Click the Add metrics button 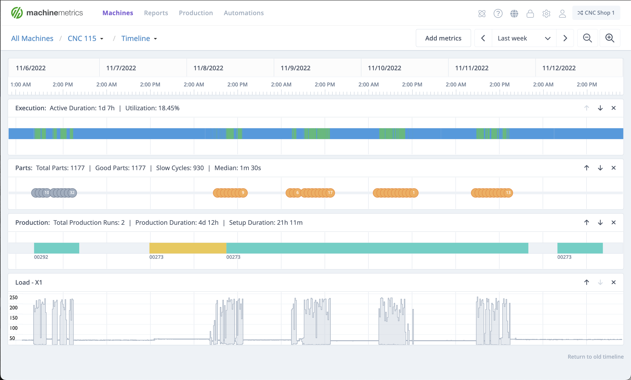point(443,38)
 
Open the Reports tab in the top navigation point(156,13)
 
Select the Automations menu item point(243,13)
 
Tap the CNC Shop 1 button point(596,13)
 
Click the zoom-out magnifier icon point(587,38)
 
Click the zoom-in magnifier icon point(609,38)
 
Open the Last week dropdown point(524,38)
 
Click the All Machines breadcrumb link point(32,38)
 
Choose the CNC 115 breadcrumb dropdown point(85,38)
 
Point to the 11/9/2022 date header point(295,68)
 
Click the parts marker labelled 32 point(72,193)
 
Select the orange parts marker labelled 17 point(330,193)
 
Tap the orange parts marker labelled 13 point(508,193)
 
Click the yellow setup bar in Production point(188,248)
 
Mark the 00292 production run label point(41,257)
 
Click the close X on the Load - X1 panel point(613,282)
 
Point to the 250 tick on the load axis point(14,298)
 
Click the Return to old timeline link point(595,357)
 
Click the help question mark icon point(498,13)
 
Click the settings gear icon point(546,13)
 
